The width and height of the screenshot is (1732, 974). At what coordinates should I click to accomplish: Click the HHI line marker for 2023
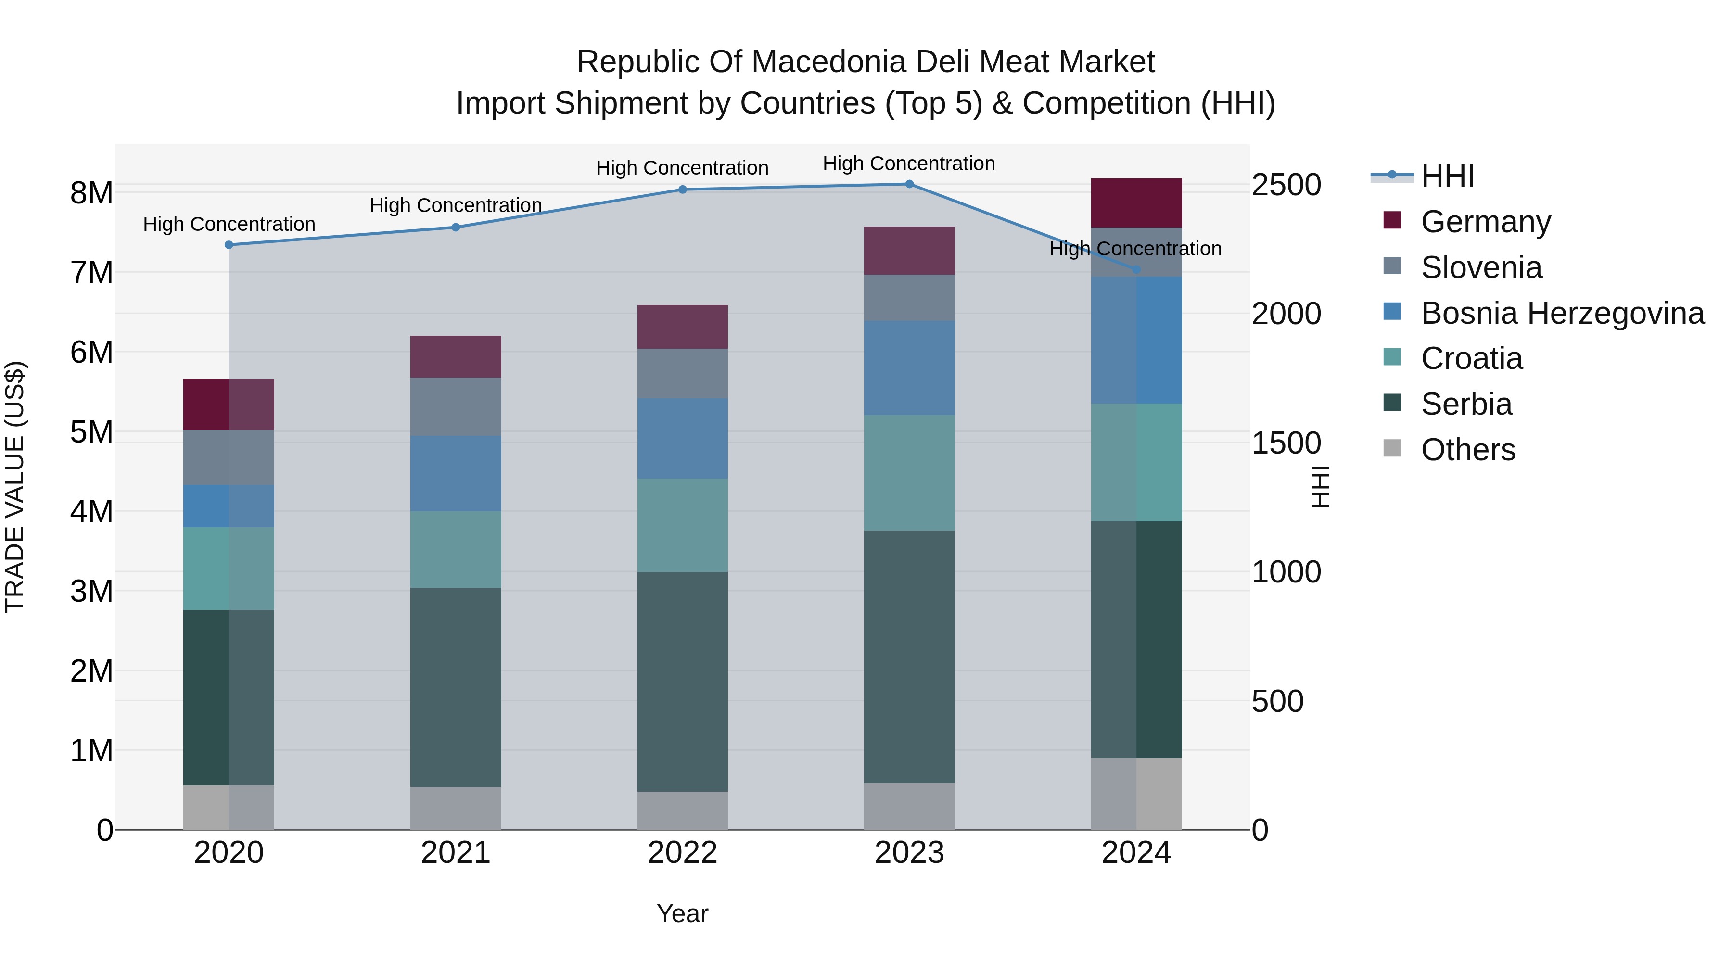pyautogui.click(x=909, y=184)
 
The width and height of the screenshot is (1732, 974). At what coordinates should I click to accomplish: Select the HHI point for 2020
pyautogui.click(x=229, y=245)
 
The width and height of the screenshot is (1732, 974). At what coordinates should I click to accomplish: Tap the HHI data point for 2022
pyautogui.click(x=682, y=190)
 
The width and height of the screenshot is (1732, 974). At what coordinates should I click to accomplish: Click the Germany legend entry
pyautogui.click(x=1485, y=222)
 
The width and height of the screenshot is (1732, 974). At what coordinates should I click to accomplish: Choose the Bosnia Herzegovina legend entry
pyautogui.click(x=1562, y=313)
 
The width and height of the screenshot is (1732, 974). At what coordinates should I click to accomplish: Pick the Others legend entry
pyautogui.click(x=1468, y=450)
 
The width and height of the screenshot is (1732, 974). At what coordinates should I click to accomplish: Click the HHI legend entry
pyautogui.click(x=1447, y=176)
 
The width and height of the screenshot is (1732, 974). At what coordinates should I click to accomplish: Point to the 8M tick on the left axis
pyautogui.click(x=91, y=193)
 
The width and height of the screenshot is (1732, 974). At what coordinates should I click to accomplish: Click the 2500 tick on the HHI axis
pyautogui.click(x=1286, y=186)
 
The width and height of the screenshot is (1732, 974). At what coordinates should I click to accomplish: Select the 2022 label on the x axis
pyautogui.click(x=682, y=853)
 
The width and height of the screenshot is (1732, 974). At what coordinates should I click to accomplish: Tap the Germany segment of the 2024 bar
pyautogui.click(x=1136, y=203)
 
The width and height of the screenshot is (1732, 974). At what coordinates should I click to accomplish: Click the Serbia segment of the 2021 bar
pyautogui.click(x=456, y=687)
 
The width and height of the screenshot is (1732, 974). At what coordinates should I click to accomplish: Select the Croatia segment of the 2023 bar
pyautogui.click(x=909, y=472)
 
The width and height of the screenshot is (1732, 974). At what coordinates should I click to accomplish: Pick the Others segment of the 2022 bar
pyautogui.click(x=682, y=810)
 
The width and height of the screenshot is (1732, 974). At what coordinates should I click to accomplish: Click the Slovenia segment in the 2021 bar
pyautogui.click(x=456, y=406)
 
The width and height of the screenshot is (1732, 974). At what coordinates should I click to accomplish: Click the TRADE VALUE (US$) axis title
pyautogui.click(x=15, y=487)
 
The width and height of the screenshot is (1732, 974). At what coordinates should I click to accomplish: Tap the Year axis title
pyautogui.click(x=682, y=913)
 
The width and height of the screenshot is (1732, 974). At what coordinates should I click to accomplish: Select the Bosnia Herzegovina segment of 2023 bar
pyautogui.click(x=909, y=367)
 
